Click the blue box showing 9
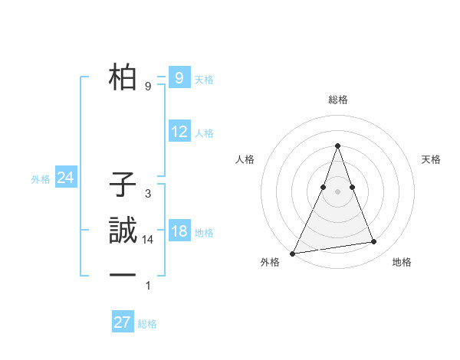[179, 77]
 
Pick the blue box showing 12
[179, 132]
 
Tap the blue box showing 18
[179, 231]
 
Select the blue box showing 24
[65, 178]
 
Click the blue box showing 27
[122, 322]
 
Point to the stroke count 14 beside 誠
[148, 240]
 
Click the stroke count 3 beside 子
[147, 194]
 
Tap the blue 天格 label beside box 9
[204, 80]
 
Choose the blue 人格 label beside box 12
[204, 133]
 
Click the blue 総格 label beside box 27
[147, 324]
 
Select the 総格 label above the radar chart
[337, 100]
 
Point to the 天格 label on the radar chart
[431, 159]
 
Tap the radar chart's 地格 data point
[374, 242]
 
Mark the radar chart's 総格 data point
[337, 146]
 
